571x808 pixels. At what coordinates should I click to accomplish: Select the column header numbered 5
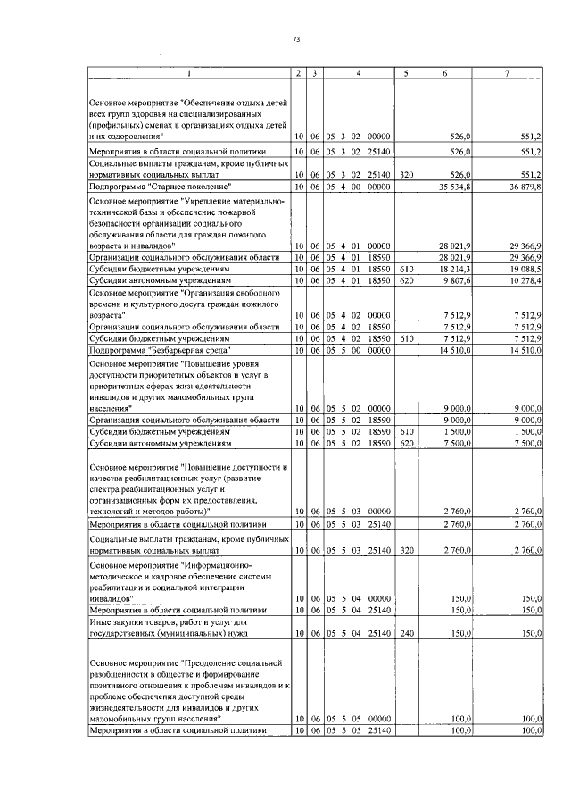click(x=405, y=72)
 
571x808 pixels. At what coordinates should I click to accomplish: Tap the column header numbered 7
click(x=507, y=72)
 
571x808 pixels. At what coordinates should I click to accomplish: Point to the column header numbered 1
click(x=188, y=72)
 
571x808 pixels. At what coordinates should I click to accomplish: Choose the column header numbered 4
click(x=357, y=72)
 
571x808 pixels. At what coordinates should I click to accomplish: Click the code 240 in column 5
click(x=405, y=633)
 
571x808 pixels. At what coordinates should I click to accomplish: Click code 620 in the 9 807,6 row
click(x=405, y=279)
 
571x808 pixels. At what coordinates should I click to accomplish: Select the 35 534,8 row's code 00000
click(x=379, y=186)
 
